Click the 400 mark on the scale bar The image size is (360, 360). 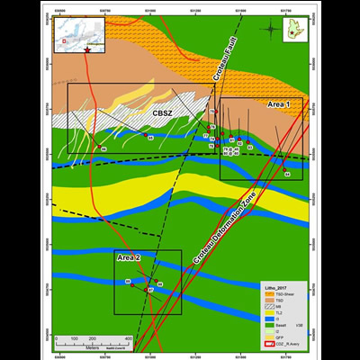click(x=128, y=337)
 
